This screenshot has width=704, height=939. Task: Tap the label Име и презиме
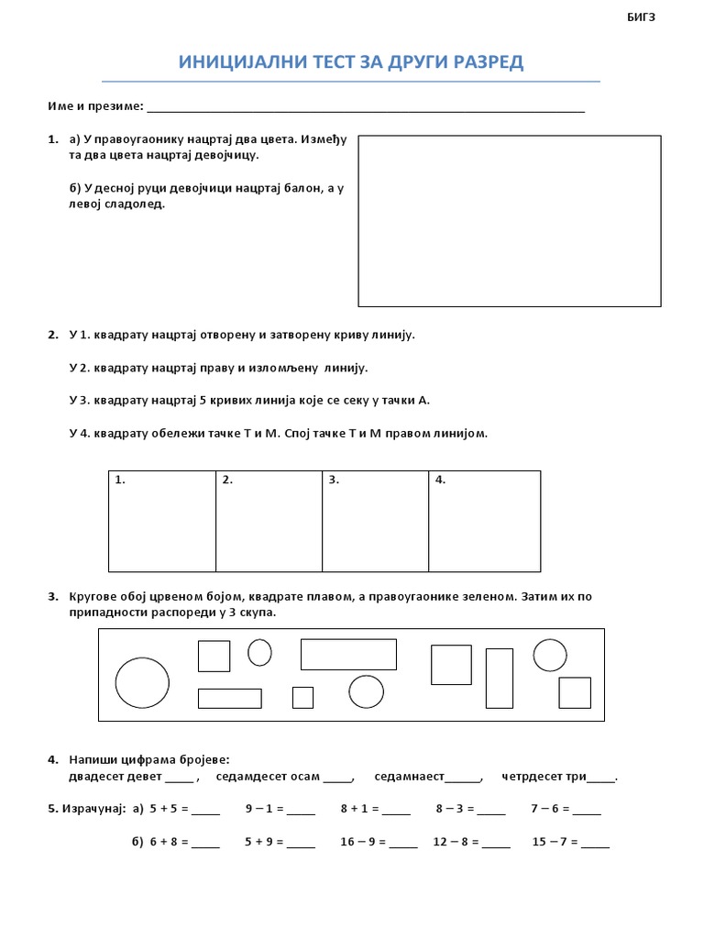(95, 106)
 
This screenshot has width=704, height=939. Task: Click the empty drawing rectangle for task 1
(509, 220)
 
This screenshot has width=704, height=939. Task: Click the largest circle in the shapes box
(142, 682)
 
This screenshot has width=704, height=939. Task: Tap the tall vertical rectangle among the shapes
(500, 678)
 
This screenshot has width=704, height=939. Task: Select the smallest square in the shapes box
(302, 697)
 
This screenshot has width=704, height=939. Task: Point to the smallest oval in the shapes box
(259, 652)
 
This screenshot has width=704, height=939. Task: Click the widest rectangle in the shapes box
(348, 654)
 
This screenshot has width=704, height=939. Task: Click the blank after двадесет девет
(181, 778)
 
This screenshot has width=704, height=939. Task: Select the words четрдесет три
(544, 777)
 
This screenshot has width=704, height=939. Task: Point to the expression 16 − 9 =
(364, 841)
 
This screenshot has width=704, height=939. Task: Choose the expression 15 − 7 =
(555, 841)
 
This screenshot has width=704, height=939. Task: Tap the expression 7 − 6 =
(550, 809)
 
